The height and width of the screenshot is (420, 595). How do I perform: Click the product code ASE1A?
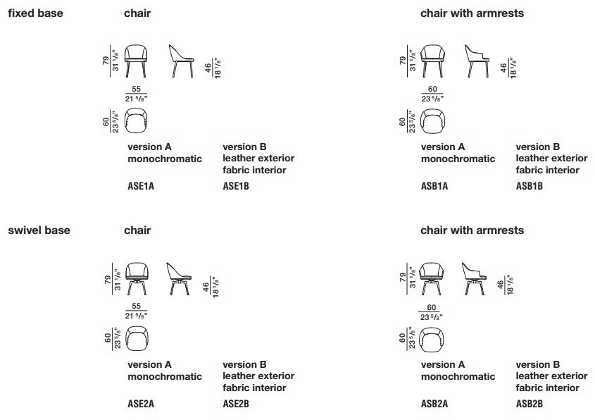tap(141, 186)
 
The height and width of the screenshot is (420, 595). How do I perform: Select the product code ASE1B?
tap(236, 186)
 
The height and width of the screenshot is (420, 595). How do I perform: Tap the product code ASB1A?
tap(434, 186)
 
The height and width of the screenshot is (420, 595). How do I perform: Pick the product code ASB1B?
tap(529, 186)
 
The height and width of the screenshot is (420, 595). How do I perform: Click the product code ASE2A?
tap(141, 404)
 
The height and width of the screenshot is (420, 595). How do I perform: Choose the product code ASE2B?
tap(236, 404)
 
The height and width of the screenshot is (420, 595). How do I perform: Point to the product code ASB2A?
tap(434, 404)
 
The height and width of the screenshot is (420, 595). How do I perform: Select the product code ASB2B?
tap(529, 404)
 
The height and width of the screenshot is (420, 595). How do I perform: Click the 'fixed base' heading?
tap(35, 13)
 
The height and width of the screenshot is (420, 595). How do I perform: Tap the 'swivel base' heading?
tap(39, 230)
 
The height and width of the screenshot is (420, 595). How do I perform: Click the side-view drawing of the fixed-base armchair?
tap(477, 61)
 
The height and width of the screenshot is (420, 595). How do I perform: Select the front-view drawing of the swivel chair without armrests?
tap(137, 279)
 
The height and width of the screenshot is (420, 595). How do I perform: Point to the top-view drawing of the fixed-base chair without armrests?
tap(136, 121)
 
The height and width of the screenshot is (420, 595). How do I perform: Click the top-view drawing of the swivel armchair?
tap(432, 339)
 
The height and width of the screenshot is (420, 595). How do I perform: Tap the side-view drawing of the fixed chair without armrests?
tap(181, 61)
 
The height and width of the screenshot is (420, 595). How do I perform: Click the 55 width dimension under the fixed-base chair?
tap(136, 89)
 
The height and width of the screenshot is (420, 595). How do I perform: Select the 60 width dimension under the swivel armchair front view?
tap(432, 307)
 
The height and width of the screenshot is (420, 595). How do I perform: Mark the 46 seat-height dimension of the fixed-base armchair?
tap(503, 68)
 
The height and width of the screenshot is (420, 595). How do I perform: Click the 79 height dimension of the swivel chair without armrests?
tap(108, 280)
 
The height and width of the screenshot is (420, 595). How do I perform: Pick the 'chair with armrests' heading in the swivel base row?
tap(472, 230)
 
